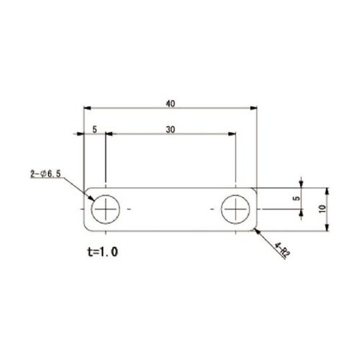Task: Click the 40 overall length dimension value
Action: (x=171, y=104)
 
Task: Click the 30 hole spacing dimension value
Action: (x=171, y=130)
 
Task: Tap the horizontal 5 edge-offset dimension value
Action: (x=95, y=130)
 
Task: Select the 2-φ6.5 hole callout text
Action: (x=45, y=174)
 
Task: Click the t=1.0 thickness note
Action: (x=103, y=252)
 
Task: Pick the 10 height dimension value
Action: (x=323, y=209)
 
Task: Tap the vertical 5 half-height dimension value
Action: (x=297, y=198)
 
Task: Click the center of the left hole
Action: (x=106, y=210)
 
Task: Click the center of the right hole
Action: (x=235, y=210)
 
